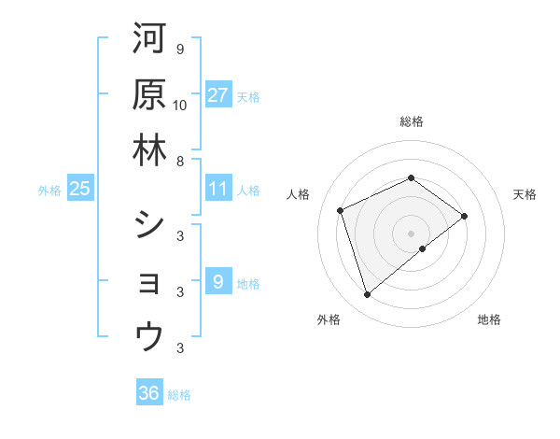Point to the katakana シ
[x=149, y=225]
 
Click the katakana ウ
[x=149, y=335]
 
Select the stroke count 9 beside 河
[x=179, y=49]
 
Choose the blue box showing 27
[x=218, y=95]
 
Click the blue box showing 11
[x=218, y=190]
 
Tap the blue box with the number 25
[x=80, y=190]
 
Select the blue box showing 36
[x=149, y=394]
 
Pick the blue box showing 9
[x=218, y=282]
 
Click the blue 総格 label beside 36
[x=179, y=395]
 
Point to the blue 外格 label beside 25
[x=49, y=191]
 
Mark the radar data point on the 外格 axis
[x=367, y=295]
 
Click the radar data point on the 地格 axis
[x=423, y=248]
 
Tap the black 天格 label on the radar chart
[x=525, y=194]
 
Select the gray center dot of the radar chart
[x=411, y=233]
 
